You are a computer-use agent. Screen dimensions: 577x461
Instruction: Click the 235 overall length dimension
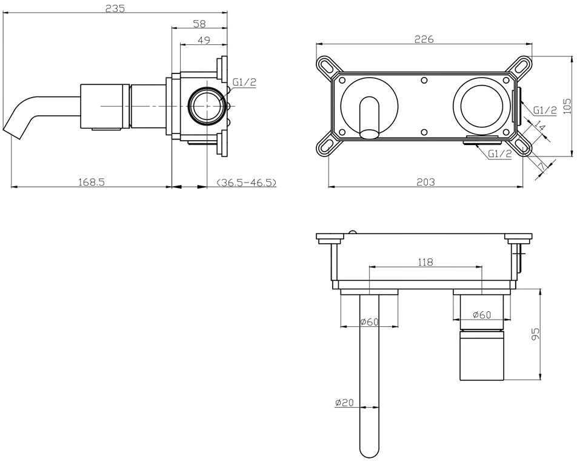pos(115,8)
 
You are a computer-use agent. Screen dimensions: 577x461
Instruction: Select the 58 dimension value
pos(199,24)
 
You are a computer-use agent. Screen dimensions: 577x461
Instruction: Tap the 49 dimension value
pos(204,40)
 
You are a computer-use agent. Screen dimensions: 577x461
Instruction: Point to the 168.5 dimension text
pos(92,182)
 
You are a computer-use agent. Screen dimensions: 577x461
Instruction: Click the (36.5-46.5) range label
pos(246,182)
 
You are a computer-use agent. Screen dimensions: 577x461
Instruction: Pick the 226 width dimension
pos(424,39)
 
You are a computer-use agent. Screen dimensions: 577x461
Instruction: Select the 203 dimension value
pos(425,182)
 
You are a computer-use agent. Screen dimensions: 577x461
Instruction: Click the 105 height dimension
pos(568,106)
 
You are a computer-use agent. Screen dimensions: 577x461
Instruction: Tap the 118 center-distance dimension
pos(425,262)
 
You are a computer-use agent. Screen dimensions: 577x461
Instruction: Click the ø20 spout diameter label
pos(344,402)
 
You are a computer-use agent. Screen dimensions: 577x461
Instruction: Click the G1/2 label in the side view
pos(244,82)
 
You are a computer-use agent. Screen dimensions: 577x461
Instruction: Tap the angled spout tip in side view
pos(11,133)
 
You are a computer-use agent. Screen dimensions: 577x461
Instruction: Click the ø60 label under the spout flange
pos(369,321)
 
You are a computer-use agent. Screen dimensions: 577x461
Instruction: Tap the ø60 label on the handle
pos(482,315)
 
